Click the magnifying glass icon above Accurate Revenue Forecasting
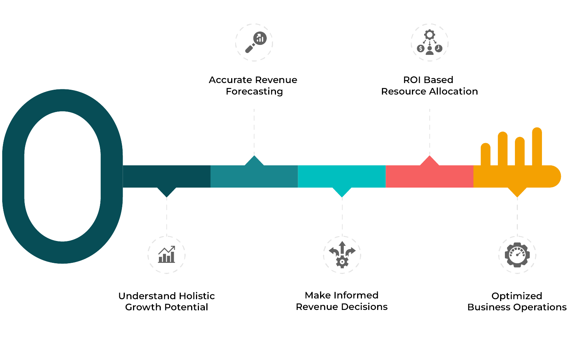tap(255, 42)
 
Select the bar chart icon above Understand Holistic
tap(166, 255)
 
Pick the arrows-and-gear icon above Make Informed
tap(342, 255)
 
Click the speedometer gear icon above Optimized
tap(517, 255)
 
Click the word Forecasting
tap(254, 92)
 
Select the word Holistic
tap(197, 296)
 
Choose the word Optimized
tap(517, 296)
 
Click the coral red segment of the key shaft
tap(429, 176)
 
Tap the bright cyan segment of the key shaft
tap(342, 176)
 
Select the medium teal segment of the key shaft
tap(254, 176)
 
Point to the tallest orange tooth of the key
tap(537, 146)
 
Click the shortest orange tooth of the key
tap(485, 154)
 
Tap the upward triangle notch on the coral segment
tap(429, 161)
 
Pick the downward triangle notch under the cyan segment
tap(342, 191)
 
